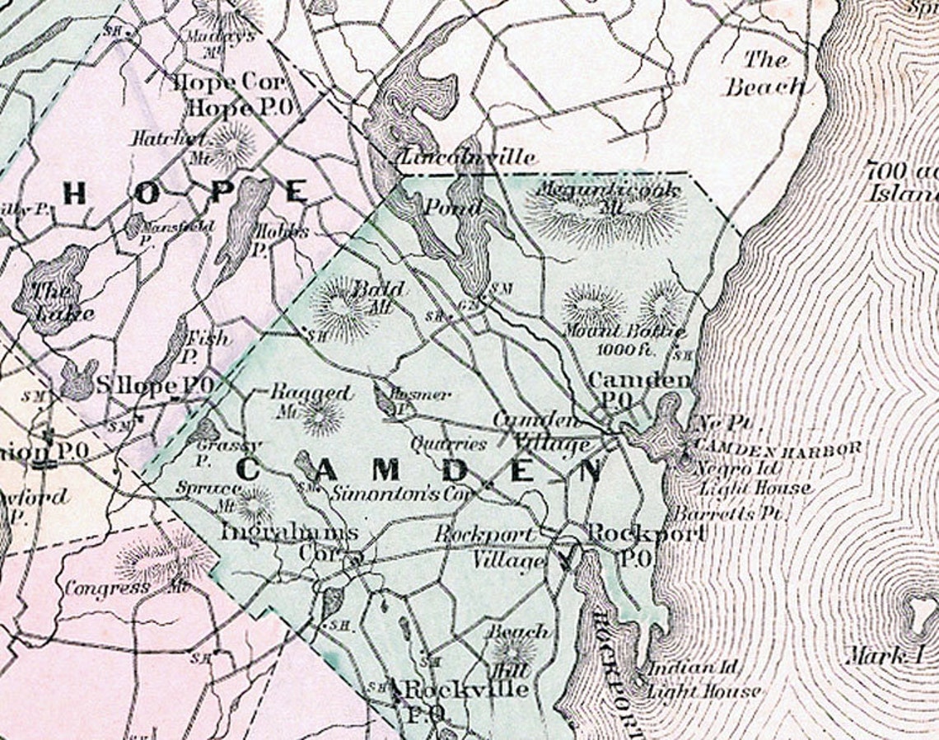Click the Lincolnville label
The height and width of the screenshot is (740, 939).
467,157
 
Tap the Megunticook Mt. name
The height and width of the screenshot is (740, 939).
608,191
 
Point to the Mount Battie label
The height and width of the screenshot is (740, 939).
624,332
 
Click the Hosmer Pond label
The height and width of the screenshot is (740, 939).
419,396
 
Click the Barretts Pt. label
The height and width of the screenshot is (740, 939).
728,513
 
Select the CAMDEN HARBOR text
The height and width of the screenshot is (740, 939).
778,447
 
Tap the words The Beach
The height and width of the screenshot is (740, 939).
764,73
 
